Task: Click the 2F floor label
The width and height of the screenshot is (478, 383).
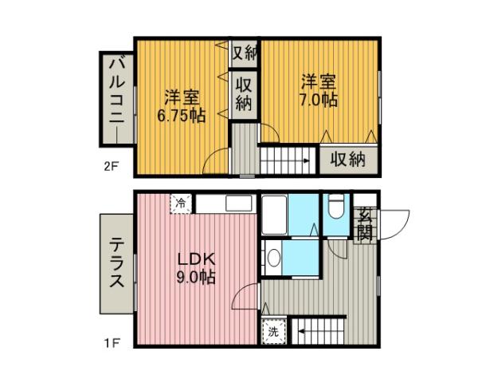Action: [110, 168]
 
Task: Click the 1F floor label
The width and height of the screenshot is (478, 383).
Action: [110, 344]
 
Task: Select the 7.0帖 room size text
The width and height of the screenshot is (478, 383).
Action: [319, 101]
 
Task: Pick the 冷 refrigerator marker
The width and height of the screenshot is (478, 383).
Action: [181, 203]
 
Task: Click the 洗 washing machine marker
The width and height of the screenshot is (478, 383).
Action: [272, 331]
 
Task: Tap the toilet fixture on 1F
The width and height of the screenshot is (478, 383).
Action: [335, 207]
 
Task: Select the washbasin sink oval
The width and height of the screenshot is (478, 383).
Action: [273, 258]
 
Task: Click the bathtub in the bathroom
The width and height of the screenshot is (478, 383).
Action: [275, 214]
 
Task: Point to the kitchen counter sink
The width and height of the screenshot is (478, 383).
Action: [238, 203]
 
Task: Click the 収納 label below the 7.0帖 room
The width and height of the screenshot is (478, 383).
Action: [348, 159]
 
